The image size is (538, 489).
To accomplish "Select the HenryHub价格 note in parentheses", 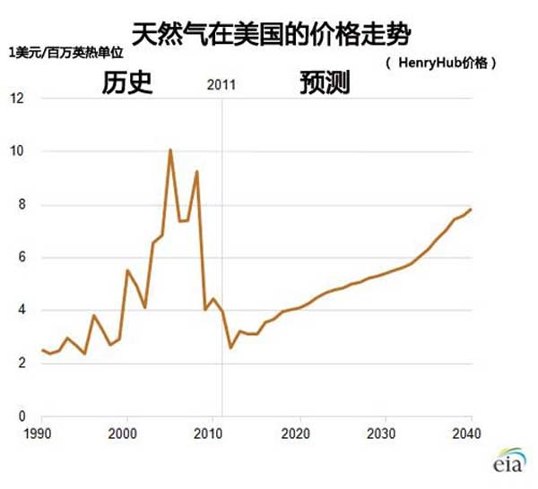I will click(440, 64).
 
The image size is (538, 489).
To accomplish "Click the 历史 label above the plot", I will click(127, 83).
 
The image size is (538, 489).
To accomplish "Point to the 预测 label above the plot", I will click(325, 83).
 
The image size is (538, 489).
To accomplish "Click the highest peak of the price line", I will click(170, 150).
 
